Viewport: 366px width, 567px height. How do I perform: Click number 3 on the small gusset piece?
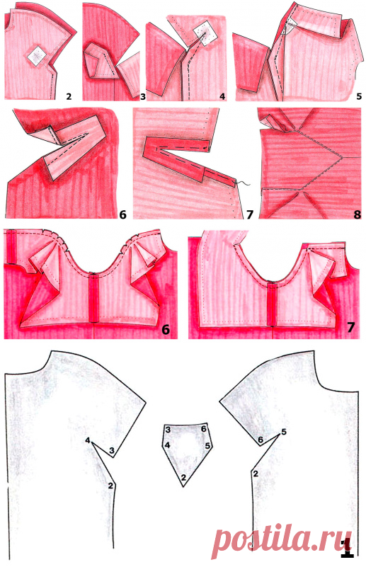pos(168,430)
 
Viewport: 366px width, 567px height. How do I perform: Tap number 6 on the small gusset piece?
pos(204,429)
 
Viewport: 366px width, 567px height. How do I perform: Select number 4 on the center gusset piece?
pos(168,445)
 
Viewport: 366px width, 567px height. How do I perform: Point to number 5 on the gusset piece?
pos(207,445)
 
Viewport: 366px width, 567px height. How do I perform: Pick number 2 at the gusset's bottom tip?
pos(183,478)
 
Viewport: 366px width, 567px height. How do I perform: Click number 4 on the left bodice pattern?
pos(87,440)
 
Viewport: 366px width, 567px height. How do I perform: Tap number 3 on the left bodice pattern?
pos(112,451)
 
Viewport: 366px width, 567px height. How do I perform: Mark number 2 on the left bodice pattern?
pos(110,486)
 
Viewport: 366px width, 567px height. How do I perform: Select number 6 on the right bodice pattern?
pos(260,440)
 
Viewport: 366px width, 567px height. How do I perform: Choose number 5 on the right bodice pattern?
pos(284,432)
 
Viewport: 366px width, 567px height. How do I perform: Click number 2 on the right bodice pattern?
pos(256,474)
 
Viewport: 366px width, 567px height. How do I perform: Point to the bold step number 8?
pos(357,214)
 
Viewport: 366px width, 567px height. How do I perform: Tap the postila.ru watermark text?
pos(281,542)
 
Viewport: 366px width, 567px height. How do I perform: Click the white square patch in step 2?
pos(36,56)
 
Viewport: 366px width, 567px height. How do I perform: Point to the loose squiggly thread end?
pos(243,184)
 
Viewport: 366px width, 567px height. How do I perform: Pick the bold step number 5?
pos(358,96)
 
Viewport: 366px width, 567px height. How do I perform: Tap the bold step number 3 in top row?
pos(143,96)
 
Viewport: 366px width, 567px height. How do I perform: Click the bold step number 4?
pos(222,96)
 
